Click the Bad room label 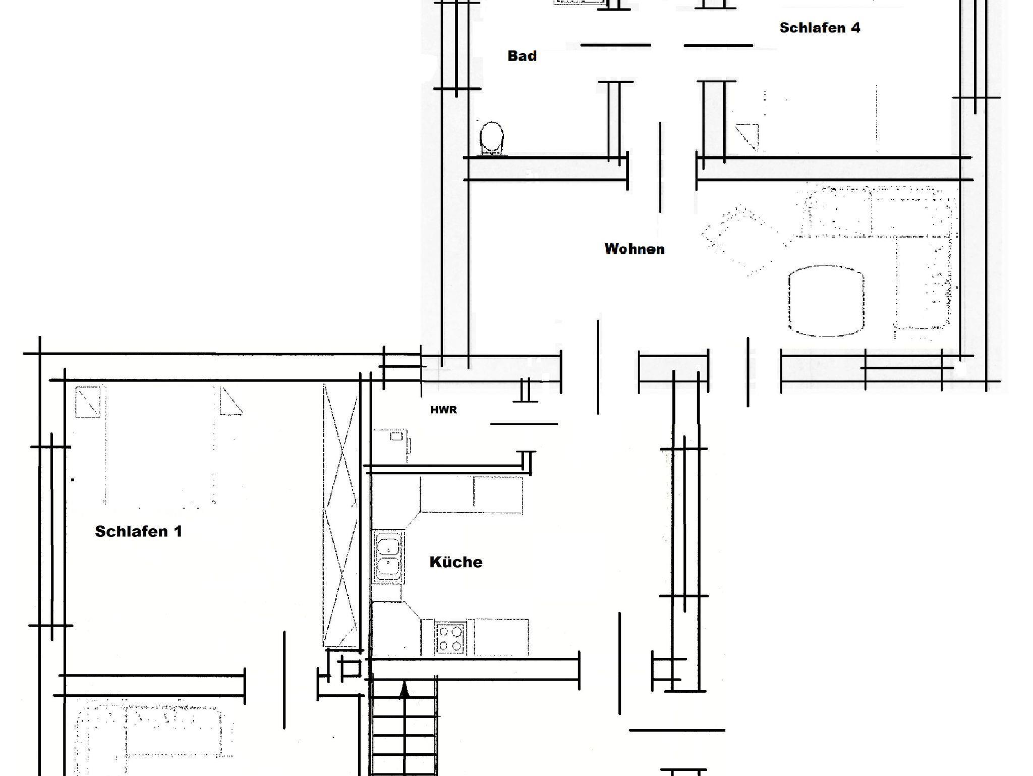coord(522,56)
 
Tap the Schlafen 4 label coord(820,28)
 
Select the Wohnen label coord(635,249)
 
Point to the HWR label coord(444,410)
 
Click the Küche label coord(456,562)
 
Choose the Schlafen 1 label coord(138,531)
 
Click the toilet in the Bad coord(491,138)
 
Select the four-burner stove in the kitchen coord(450,638)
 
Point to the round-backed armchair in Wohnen coord(826,301)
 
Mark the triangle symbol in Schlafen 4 coord(747,137)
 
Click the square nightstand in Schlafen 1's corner coord(88,402)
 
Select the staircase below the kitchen coord(404,727)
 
